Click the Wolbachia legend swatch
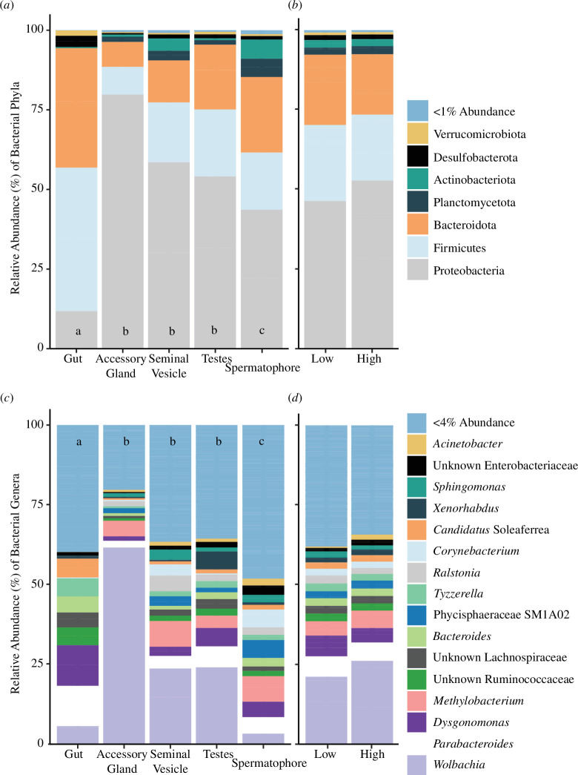pyautogui.click(x=417, y=765)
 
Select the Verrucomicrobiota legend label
pyautogui.click(x=479, y=134)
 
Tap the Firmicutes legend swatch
pyautogui.click(x=417, y=248)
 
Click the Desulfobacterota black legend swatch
pyautogui.click(x=417, y=157)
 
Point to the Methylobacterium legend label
pyautogui.click(x=478, y=700)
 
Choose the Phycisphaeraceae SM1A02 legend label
pyautogui.click(x=501, y=614)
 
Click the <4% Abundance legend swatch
pyautogui.click(x=417, y=423)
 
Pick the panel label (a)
pyautogui.click(x=7, y=6)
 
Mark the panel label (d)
pyautogui.click(x=294, y=398)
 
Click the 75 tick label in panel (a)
pyautogui.click(x=38, y=109)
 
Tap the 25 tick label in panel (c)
pyautogui.click(x=38, y=663)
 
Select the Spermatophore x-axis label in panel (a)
pyautogui.click(x=262, y=368)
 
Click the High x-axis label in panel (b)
pyautogui.click(x=369, y=359)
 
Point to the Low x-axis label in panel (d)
pyautogui.click(x=325, y=753)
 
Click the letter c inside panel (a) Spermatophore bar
pyautogui.click(x=262, y=331)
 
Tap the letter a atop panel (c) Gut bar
pyautogui.click(x=79, y=442)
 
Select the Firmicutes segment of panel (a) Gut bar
pyautogui.click(x=76, y=240)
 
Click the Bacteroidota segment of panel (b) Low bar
pyautogui.click(x=325, y=90)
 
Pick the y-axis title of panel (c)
pyautogui.click(x=16, y=584)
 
